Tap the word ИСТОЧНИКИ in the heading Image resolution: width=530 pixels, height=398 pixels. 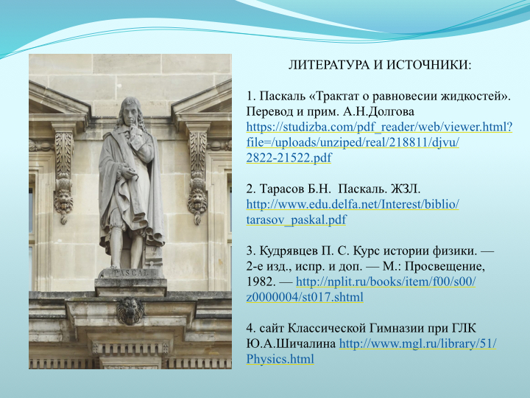[x=429, y=65]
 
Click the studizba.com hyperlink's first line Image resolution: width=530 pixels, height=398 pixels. [x=379, y=128]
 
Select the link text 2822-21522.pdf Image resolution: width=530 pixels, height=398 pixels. [x=289, y=158]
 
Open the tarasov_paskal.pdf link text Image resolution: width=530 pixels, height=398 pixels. [x=296, y=220]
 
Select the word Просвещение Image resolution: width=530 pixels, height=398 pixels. [x=445, y=267]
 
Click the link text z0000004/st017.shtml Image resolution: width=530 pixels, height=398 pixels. [x=305, y=297]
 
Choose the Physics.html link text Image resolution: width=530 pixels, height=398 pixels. [x=280, y=359]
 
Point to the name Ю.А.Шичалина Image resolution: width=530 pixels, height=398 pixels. [x=291, y=344]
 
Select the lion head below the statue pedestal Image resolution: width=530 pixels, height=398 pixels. [x=130, y=311]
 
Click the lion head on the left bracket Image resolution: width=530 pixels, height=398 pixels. [x=63, y=201]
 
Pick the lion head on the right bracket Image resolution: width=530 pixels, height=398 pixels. [x=197, y=201]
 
